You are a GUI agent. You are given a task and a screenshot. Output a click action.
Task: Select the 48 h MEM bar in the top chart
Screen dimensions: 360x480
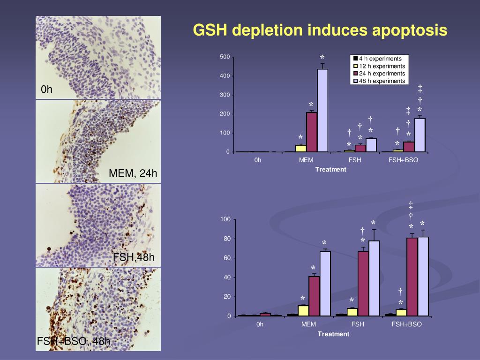click(x=322, y=111)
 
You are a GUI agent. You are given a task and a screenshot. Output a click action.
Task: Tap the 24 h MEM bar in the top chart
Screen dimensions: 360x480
click(x=312, y=132)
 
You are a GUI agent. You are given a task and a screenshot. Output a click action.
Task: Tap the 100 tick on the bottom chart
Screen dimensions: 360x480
click(x=225, y=219)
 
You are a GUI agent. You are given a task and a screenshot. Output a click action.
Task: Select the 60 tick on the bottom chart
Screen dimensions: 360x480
click(x=227, y=258)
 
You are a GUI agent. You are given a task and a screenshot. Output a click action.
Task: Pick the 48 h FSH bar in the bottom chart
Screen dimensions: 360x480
click(x=374, y=278)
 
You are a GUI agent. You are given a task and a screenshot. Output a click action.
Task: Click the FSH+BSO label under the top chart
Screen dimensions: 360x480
click(x=403, y=160)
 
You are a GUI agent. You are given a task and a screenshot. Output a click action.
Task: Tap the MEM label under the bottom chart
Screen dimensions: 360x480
click(x=308, y=324)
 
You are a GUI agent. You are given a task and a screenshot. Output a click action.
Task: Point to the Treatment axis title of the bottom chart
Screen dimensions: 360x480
click(x=333, y=334)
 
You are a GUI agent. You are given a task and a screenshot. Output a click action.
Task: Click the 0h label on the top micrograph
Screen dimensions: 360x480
click(x=46, y=90)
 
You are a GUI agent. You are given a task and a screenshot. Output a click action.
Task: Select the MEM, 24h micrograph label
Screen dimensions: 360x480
click(x=132, y=174)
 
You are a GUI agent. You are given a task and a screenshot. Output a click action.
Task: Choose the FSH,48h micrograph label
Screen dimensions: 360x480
click(x=134, y=257)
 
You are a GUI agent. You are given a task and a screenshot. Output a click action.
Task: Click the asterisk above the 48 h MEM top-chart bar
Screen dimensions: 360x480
click(x=322, y=58)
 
